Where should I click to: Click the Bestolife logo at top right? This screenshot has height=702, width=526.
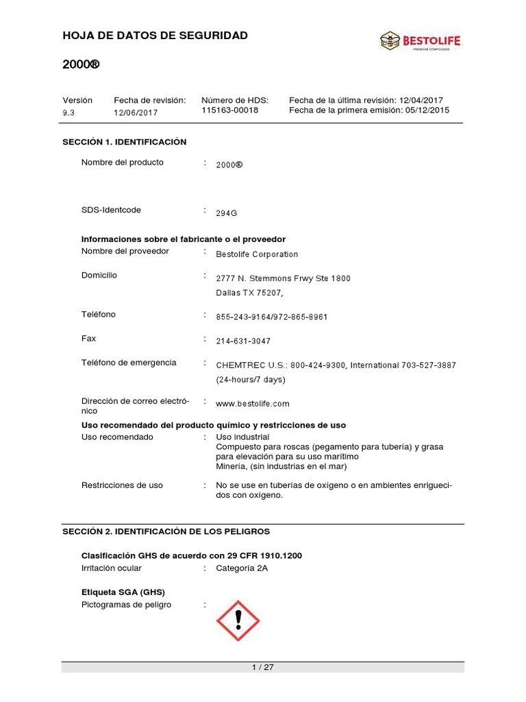coord(421,41)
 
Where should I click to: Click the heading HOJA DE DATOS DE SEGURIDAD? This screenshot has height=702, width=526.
coord(155,35)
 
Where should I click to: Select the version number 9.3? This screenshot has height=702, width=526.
coord(68,112)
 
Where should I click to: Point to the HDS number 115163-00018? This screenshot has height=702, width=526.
coord(230,110)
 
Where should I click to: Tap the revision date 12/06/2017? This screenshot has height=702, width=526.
coord(136,112)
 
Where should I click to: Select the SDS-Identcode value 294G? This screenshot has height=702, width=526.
coord(226,213)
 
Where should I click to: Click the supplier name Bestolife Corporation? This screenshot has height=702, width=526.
coord(257,254)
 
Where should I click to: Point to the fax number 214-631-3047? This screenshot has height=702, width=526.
coord(243,341)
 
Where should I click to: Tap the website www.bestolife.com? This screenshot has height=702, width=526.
coord(253,404)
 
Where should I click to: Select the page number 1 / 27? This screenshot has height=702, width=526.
coord(263,668)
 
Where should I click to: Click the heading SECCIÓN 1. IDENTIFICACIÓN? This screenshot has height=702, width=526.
coord(124,142)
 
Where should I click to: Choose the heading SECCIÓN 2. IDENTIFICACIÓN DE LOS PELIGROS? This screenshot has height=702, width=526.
coord(166,531)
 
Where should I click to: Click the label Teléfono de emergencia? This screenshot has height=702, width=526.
coord(129,363)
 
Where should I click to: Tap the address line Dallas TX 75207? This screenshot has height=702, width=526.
coord(249,293)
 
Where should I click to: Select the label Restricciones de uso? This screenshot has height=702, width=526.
coord(122,485)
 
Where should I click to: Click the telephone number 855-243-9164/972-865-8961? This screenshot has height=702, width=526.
coord(272,317)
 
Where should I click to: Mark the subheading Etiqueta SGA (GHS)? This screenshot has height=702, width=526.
coord(123,592)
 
